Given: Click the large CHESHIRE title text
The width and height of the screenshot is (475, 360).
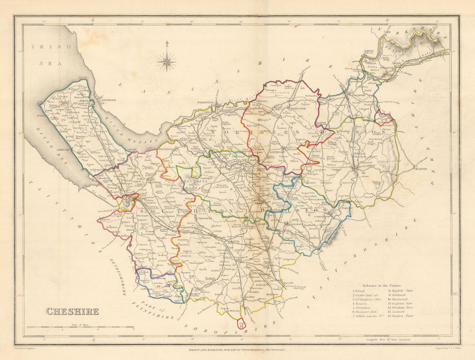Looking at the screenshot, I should pyautogui.click(x=72, y=312).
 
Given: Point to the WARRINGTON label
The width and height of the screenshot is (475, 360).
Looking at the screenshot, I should pyautogui.click(x=206, y=103).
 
